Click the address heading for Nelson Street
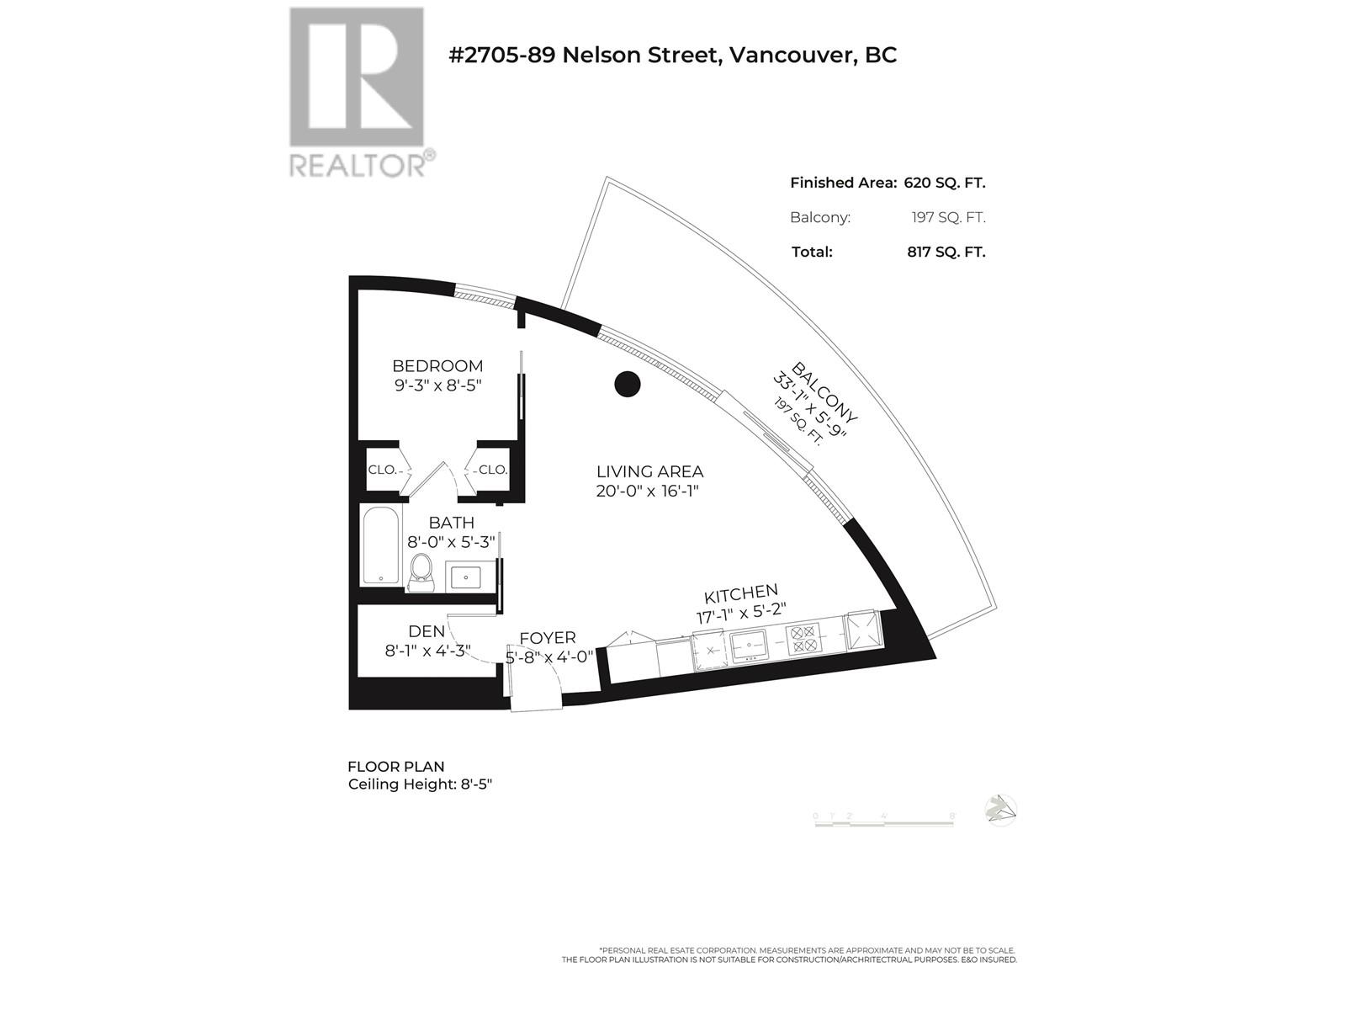pyautogui.click(x=673, y=56)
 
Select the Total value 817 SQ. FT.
pyautogui.click(x=946, y=252)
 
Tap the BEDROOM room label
pyautogui.click(x=437, y=366)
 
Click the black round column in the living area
pyautogui.click(x=628, y=385)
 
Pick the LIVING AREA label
pyautogui.click(x=649, y=472)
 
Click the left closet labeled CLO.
pyautogui.click(x=382, y=470)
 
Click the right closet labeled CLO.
pyautogui.click(x=492, y=470)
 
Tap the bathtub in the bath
pyautogui.click(x=382, y=545)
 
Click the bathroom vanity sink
pyautogui.click(x=465, y=577)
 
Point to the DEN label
pyautogui.click(x=426, y=631)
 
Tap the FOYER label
pyautogui.click(x=548, y=638)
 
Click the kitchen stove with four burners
pyautogui.click(x=803, y=639)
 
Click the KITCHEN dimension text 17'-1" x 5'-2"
pyautogui.click(x=740, y=615)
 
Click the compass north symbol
pyautogui.click(x=1000, y=810)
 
